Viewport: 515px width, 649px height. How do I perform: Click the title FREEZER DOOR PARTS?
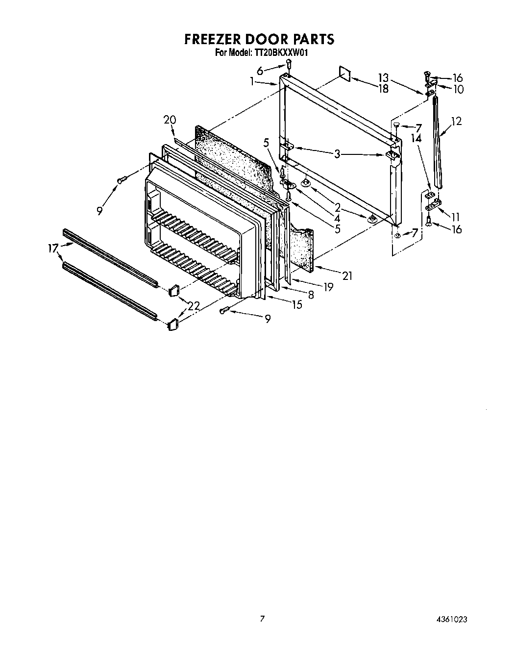pyautogui.click(x=259, y=39)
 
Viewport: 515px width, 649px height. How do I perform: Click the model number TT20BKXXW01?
pyautogui.click(x=280, y=51)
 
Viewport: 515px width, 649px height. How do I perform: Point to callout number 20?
pyautogui.click(x=170, y=120)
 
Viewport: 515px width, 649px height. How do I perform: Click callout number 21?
pyautogui.click(x=347, y=276)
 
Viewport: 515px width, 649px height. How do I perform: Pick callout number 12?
pyautogui.click(x=456, y=121)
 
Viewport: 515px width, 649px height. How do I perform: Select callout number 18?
pyautogui.click(x=383, y=89)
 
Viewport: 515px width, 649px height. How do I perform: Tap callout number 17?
pyautogui.click(x=53, y=248)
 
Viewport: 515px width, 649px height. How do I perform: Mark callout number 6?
pyautogui.click(x=260, y=71)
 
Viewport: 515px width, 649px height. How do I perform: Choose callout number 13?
pyautogui.click(x=383, y=77)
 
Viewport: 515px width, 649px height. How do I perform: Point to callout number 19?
pyautogui.click(x=328, y=287)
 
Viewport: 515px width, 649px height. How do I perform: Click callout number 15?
pyautogui.click(x=296, y=305)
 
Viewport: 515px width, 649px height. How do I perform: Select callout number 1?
pyautogui.click(x=252, y=82)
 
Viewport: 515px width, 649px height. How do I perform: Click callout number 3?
pyautogui.click(x=337, y=154)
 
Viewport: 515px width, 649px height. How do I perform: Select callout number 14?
pyautogui.click(x=416, y=139)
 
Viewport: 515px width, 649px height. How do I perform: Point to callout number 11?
pyautogui.click(x=456, y=217)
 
